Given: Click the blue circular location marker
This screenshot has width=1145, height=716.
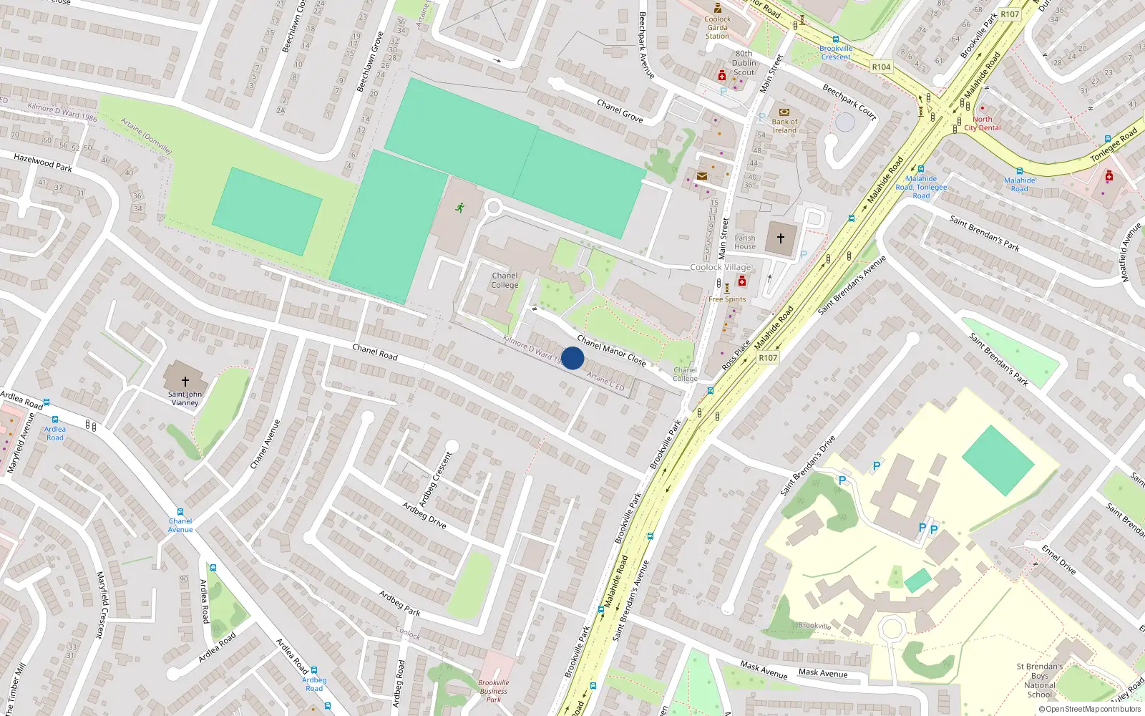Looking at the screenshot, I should click(x=572, y=358).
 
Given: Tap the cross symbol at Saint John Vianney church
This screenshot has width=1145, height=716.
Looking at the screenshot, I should click(x=185, y=382).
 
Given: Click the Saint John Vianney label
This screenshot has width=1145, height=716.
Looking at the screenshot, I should click(x=185, y=398).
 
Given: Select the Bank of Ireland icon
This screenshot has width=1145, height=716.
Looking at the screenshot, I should click(x=784, y=112).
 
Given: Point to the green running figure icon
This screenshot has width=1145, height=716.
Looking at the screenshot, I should click(x=459, y=208).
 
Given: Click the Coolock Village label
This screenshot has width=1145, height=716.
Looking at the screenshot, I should click(x=720, y=267).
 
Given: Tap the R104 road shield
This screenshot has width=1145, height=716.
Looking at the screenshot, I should click(x=881, y=67).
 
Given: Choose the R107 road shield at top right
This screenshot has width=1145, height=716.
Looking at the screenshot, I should click(x=1009, y=14).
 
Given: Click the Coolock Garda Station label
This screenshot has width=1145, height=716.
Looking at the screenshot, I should click(x=717, y=28).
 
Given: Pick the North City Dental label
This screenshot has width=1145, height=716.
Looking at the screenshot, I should click(x=982, y=124).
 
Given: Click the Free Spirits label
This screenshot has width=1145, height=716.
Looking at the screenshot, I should click(x=726, y=299).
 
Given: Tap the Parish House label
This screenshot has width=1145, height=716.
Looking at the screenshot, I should click(x=744, y=242).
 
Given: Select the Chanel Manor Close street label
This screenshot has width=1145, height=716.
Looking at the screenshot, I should click(x=611, y=351).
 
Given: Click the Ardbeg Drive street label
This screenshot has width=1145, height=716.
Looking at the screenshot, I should click(x=424, y=515).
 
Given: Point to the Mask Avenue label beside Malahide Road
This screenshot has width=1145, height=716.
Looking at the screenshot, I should click(x=764, y=670).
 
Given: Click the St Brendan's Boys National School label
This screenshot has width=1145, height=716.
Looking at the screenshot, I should click(x=1039, y=680).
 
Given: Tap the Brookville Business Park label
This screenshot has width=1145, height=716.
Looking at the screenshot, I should click(x=493, y=691).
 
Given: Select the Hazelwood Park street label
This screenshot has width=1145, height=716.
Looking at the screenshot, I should click(x=43, y=162).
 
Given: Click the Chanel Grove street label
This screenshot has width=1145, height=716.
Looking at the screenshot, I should click(x=620, y=111).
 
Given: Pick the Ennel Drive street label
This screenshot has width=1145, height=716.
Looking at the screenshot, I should click(x=1058, y=559).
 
